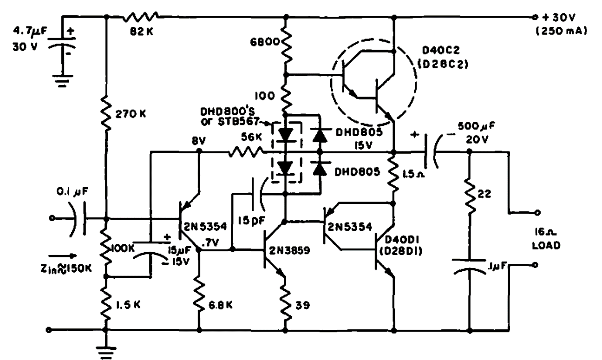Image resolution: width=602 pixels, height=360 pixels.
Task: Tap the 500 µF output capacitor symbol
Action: (x=432, y=151)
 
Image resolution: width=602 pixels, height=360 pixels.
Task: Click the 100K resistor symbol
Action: (x=106, y=246)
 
